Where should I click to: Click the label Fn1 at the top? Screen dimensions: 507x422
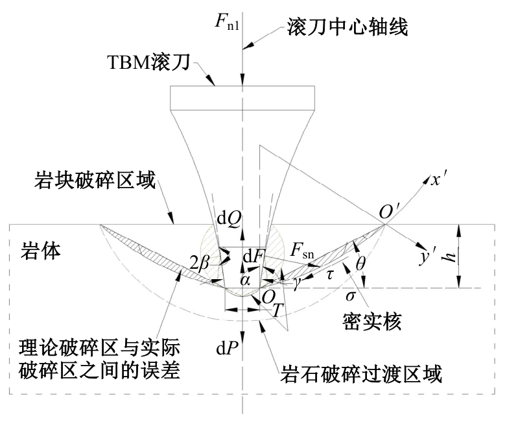click(x=227, y=21)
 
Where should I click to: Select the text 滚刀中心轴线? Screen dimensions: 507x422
click(x=348, y=27)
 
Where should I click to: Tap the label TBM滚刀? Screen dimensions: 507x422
click(x=148, y=62)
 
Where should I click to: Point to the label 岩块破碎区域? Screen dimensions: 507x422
click(x=95, y=180)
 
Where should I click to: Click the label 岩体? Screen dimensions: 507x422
click(x=41, y=251)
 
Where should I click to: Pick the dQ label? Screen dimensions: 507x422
click(x=229, y=219)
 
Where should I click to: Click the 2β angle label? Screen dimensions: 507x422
click(x=200, y=264)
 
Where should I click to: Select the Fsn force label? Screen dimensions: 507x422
click(x=301, y=251)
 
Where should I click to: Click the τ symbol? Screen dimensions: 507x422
click(x=330, y=275)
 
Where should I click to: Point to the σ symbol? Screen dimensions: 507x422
click(x=351, y=295)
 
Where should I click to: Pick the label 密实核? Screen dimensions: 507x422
click(x=371, y=321)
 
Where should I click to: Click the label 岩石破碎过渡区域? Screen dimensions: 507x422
click(x=361, y=374)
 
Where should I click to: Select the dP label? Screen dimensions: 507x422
click(x=228, y=349)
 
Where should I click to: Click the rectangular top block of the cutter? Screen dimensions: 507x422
click(x=242, y=97)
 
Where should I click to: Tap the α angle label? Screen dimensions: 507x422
click(x=245, y=281)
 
